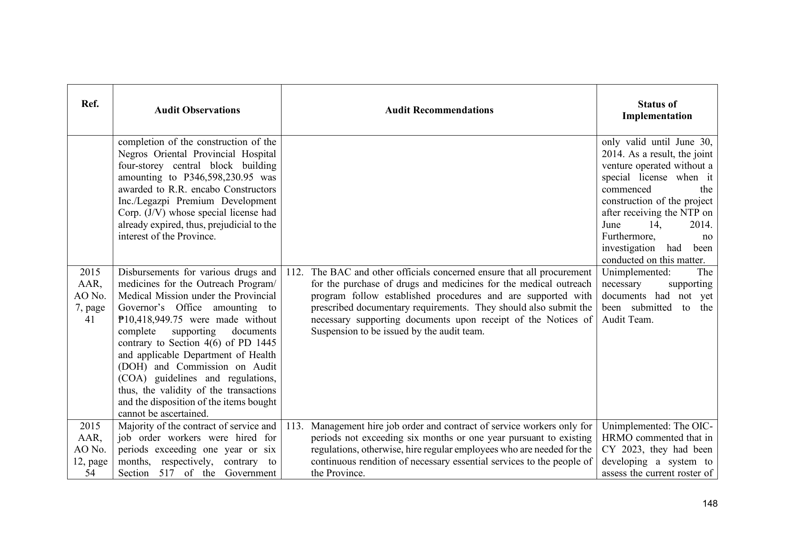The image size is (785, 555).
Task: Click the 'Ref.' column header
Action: (90, 104)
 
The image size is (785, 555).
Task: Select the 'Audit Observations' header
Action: (197, 110)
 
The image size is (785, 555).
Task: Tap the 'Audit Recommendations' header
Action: (439, 110)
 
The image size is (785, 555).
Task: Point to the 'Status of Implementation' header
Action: (657, 110)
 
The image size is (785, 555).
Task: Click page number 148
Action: (710, 504)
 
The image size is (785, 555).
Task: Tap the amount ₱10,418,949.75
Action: (152, 320)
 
